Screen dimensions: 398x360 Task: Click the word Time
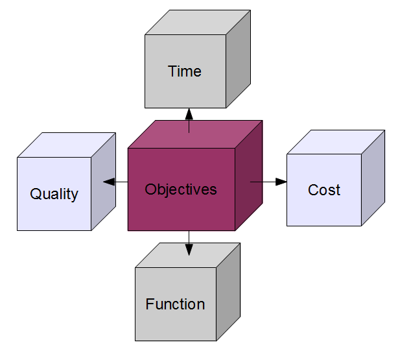point(185,71)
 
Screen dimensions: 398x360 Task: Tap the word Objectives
point(181,189)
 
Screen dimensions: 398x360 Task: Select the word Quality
point(54,195)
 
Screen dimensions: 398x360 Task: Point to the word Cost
point(324,190)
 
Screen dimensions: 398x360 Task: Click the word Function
point(175,304)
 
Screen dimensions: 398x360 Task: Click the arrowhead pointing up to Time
point(189,114)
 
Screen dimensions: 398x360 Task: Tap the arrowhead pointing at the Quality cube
point(109,182)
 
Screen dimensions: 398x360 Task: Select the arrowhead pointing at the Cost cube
point(281,182)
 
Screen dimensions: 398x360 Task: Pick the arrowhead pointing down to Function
point(189,250)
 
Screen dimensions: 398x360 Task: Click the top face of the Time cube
point(198,22)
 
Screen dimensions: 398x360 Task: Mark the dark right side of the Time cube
point(238,59)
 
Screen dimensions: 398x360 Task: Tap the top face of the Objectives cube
point(195,134)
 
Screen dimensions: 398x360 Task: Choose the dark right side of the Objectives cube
point(249,175)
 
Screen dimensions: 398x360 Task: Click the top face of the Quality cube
point(67,145)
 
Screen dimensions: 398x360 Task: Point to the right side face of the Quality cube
point(104,182)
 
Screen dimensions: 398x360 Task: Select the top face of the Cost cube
point(336,142)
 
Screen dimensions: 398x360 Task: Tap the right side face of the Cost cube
point(373,178)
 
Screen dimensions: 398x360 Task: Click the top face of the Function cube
point(187,255)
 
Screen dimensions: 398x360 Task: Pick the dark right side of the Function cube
point(228,292)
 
